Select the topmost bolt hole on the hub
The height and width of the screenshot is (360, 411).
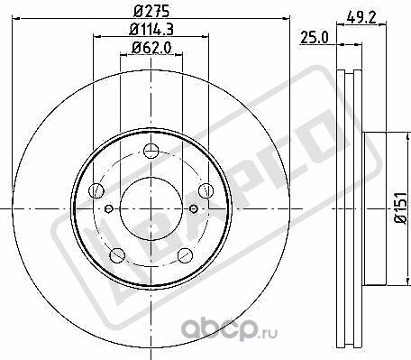coord(150,154)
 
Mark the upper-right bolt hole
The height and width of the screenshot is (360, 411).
coord(202,191)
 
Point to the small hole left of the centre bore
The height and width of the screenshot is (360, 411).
coord(108,209)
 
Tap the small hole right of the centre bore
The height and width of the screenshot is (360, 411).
coord(191,209)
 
